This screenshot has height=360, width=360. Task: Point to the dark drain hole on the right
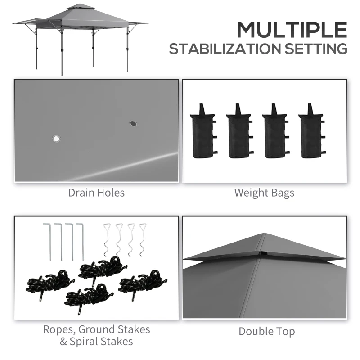[133, 123]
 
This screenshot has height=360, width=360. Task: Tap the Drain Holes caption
[96, 193]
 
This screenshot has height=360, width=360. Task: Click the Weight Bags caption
[264, 193]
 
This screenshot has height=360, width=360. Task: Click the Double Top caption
[267, 332]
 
